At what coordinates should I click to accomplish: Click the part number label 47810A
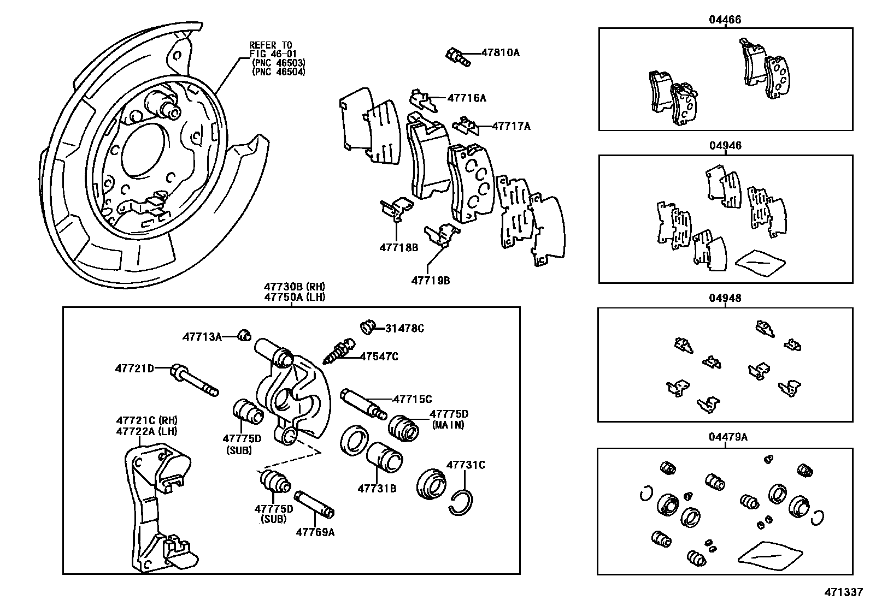500,53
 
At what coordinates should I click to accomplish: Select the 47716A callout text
466,98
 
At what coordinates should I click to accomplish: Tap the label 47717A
511,126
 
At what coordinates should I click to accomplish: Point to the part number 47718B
398,247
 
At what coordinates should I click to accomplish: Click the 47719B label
430,280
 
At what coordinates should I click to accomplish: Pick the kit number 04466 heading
725,20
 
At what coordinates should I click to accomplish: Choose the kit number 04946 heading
725,146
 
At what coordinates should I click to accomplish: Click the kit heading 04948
725,299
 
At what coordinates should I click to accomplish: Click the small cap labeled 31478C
368,328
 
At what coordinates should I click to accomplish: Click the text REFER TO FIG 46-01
271,49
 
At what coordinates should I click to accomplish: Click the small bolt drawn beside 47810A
457,56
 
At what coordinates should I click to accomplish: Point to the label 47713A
202,337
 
